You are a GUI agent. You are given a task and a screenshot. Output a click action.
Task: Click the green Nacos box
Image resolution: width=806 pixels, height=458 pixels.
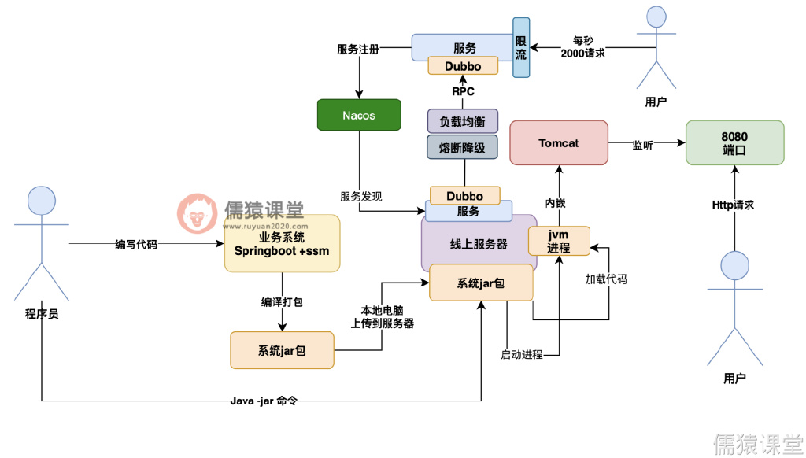359,115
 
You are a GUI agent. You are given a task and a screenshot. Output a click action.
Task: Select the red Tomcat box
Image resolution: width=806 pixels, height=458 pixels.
559,143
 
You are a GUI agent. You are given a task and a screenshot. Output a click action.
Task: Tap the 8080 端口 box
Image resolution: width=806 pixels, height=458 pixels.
734,142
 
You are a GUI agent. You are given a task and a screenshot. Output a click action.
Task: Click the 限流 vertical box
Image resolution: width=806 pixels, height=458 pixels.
521,47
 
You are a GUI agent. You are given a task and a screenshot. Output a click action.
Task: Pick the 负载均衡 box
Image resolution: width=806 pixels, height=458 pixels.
463,121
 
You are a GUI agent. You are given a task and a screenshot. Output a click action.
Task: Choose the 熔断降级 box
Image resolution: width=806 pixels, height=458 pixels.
463,146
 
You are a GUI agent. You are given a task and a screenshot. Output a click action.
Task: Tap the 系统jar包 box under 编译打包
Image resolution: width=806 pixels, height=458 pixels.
282,350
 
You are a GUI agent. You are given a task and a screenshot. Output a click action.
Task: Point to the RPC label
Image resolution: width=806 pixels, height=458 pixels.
463,91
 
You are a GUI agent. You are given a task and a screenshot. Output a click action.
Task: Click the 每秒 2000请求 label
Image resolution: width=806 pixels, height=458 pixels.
583,47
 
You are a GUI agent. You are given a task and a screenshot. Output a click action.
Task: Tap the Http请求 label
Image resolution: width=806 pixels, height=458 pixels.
734,205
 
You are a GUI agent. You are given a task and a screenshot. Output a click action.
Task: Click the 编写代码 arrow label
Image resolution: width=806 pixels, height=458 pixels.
136,245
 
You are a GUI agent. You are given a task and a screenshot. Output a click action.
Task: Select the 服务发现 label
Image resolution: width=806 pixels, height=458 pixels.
361,196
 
